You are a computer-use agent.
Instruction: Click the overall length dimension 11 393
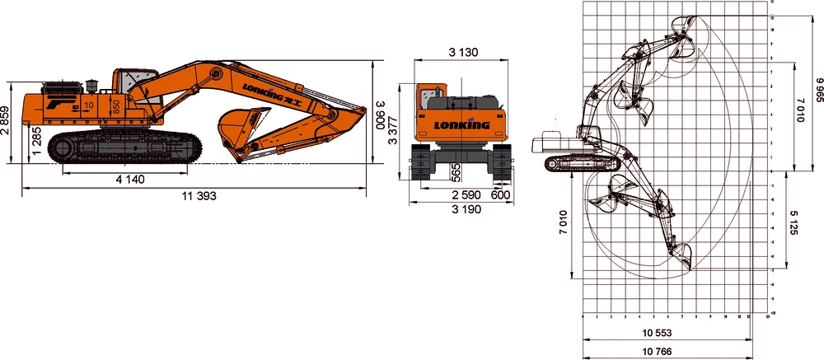click(x=195, y=196)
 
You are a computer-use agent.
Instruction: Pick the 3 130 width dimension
click(x=464, y=53)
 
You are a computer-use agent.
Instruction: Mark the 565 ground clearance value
click(x=456, y=171)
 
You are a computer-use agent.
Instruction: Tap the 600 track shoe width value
click(x=500, y=194)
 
